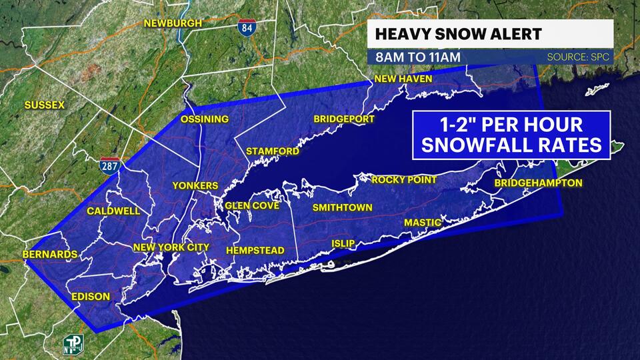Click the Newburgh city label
pos(173,23)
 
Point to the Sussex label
pos(44,105)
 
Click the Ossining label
pos(205,119)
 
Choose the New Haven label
pos(403,79)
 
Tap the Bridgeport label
pos(344,119)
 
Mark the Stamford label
pos(272,151)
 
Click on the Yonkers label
pos(195,185)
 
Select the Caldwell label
pos(113,211)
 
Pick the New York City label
pos(171,247)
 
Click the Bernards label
pos(50,254)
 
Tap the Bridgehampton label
pos(539,183)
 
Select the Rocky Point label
pos(404,179)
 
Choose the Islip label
pos(343,243)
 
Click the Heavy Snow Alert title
pos(439,34)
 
